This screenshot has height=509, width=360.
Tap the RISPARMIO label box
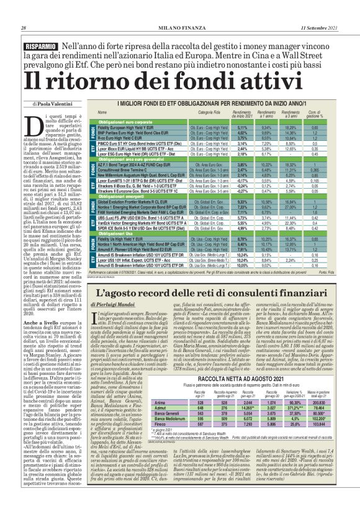tap(41, 47)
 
